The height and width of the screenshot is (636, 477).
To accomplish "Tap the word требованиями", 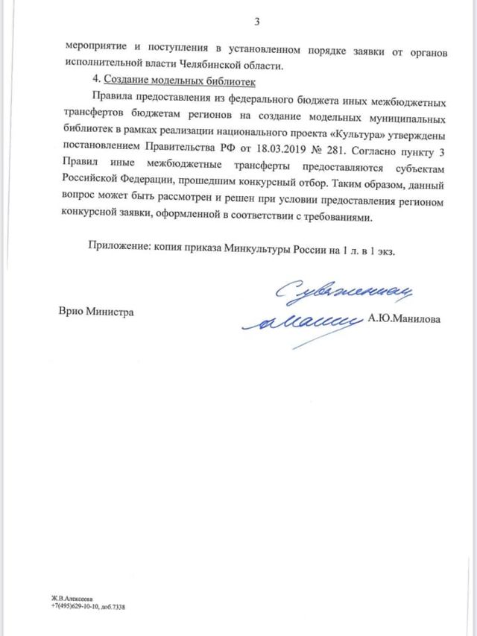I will click(x=350, y=218).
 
